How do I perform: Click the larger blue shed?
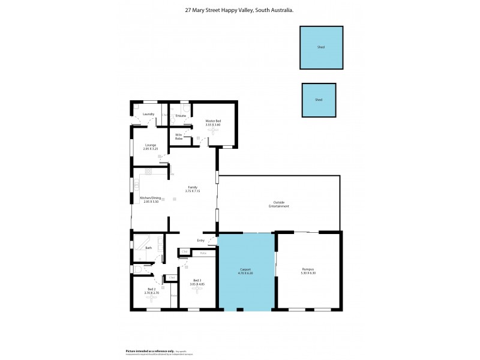321,47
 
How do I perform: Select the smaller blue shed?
319,100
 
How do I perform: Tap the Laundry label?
149,114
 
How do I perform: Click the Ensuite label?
181,115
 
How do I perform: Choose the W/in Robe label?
179,136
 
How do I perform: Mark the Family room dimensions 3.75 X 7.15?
193,191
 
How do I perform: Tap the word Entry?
200,241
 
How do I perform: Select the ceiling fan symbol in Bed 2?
151,298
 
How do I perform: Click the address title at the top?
239,10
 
